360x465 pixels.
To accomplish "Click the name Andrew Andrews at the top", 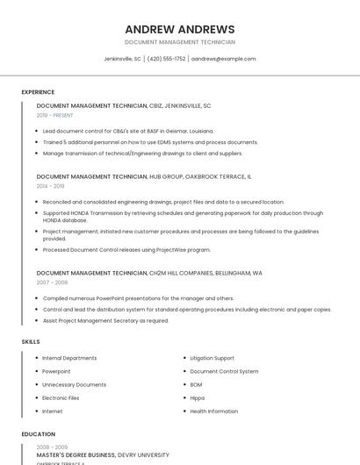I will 180,29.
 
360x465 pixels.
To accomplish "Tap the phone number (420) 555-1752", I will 167,59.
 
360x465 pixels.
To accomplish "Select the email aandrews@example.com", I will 224,59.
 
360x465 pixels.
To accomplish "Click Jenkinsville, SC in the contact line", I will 122,59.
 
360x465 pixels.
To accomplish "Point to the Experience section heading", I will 38,92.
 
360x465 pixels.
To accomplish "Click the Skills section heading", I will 31,341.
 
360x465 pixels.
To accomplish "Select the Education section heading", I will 38,434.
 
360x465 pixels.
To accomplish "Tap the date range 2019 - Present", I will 55,115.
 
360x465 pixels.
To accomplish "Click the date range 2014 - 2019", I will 51,186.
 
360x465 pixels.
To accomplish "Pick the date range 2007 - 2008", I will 52,283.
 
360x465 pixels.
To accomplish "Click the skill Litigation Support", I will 212,358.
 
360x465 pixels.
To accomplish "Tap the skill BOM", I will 196,384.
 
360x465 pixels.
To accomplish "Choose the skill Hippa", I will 198,397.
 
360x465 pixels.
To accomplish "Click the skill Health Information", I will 213,411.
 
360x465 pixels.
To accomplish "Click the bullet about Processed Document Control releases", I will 126,249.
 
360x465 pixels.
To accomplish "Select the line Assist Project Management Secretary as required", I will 105,320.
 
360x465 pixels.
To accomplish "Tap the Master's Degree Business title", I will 76,455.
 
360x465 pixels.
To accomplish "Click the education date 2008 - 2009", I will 52,447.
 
